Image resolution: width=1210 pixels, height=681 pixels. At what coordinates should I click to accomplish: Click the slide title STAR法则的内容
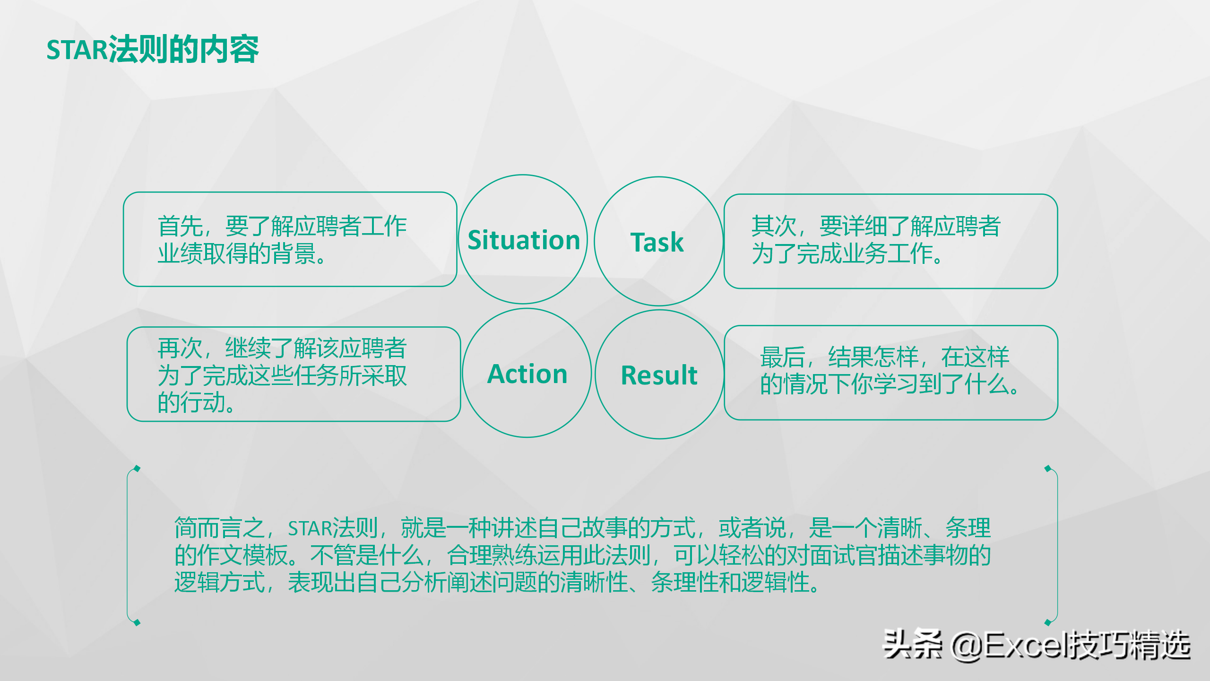tap(153, 49)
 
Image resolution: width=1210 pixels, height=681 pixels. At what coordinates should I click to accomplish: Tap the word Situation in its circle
tap(524, 240)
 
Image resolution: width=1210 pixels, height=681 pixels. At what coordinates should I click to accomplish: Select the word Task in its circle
tap(657, 242)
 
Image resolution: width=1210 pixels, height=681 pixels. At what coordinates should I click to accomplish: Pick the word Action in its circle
tap(527, 374)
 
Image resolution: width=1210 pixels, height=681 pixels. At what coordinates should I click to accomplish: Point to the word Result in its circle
tap(659, 375)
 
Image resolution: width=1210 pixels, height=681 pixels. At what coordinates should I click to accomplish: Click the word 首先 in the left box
tap(180, 226)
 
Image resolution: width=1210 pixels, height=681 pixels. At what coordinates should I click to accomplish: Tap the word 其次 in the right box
tap(774, 226)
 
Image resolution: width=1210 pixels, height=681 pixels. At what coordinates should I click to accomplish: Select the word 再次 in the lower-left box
tap(180, 349)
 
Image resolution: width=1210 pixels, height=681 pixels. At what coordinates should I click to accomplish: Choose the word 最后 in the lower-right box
tap(783, 357)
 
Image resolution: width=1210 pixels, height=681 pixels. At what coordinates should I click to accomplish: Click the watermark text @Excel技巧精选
tap(1071, 645)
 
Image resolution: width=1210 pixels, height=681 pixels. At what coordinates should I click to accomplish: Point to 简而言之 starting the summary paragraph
tap(220, 528)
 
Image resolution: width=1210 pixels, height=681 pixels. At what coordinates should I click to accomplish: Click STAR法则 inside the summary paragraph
tap(333, 528)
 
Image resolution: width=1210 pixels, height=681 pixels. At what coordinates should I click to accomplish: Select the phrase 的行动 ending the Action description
tap(191, 402)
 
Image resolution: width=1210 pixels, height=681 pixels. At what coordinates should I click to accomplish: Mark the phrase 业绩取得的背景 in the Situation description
tap(237, 253)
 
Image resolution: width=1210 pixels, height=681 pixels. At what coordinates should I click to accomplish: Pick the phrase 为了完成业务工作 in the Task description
tap(842, 253)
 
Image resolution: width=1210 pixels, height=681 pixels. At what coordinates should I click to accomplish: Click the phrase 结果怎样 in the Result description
tap(873, 357)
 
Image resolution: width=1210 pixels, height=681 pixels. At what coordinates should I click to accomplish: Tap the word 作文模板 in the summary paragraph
tap(242, 555)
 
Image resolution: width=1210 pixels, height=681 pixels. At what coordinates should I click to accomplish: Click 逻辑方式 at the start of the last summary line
tap(220, 582)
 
